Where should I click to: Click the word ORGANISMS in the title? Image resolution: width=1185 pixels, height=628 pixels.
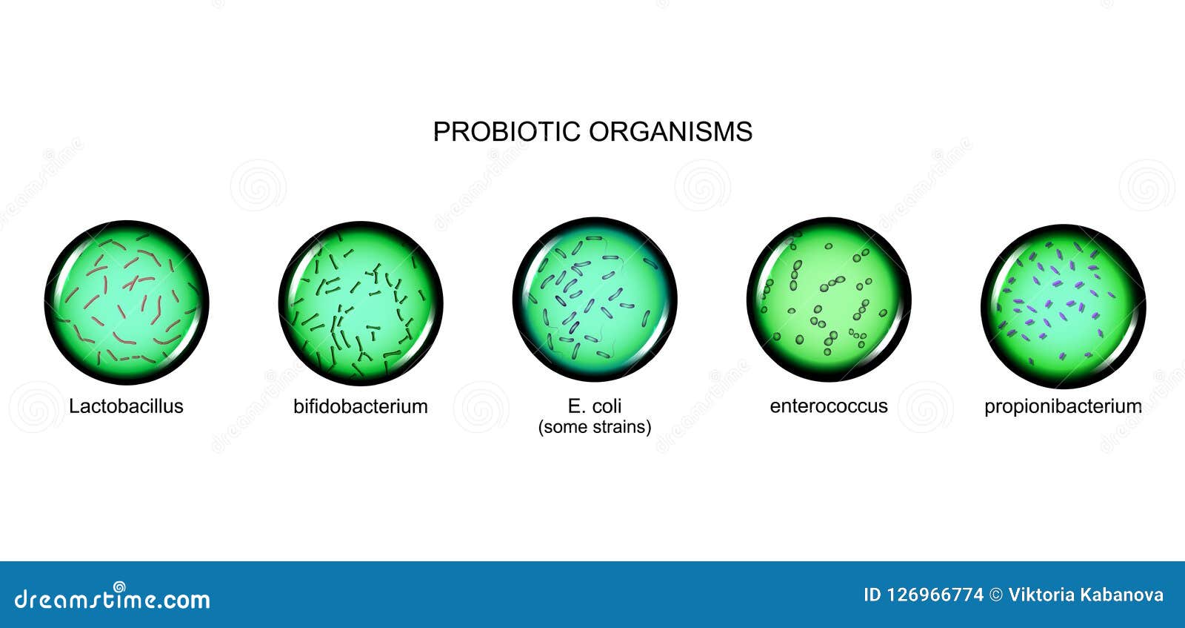click(671, 131)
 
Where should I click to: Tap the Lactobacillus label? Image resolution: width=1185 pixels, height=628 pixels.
click(126, 406)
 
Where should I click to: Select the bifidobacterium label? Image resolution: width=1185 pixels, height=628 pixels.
click(361, 406)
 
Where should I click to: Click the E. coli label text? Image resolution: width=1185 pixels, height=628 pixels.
click(595, 406)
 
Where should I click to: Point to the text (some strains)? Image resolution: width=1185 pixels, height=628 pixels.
click(595, 427)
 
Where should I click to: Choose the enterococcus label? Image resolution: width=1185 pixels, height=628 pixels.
click(829, 406)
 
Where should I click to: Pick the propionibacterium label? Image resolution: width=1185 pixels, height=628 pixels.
click(1063, 406)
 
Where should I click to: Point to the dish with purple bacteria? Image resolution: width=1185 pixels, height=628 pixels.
click(1063, 304)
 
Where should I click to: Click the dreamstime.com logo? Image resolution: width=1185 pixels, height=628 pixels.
click(113, 597)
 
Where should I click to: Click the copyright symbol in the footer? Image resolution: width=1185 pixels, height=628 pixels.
click(995, 595)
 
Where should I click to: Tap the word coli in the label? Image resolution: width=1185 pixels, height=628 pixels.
click(607, 406)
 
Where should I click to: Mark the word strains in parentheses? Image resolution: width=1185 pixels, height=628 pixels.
click(622, 427)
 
